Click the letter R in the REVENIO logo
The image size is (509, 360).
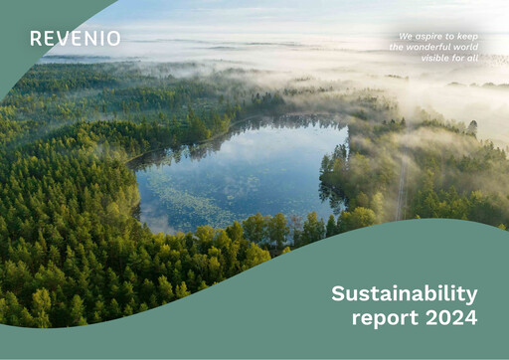[x=35, y=39]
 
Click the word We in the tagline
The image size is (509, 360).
[x=406, y=36]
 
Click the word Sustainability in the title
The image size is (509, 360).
[x=404, y=294]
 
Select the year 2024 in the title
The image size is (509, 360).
[x=450, y=318]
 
